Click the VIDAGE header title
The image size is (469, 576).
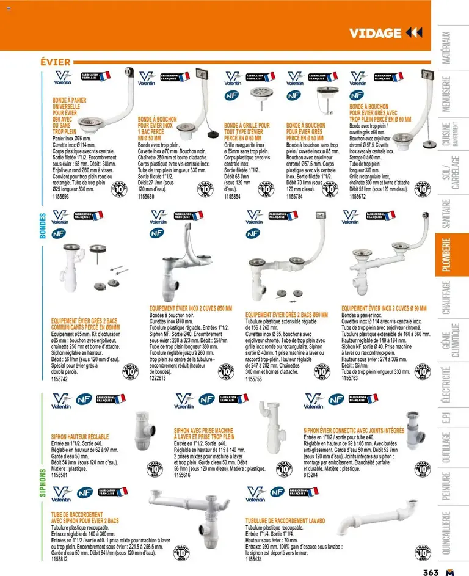pos(375,33)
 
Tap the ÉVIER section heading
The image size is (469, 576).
pos(55,62)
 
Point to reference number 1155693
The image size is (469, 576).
pos(60,196)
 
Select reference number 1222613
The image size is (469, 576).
pos(158,378)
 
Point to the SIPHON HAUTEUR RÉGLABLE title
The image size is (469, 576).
pos(80,437)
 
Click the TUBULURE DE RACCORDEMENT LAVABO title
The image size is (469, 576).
pos(285,520)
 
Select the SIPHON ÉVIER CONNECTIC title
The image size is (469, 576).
pos(354,431)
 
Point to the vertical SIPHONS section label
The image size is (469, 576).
pos(43,483)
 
